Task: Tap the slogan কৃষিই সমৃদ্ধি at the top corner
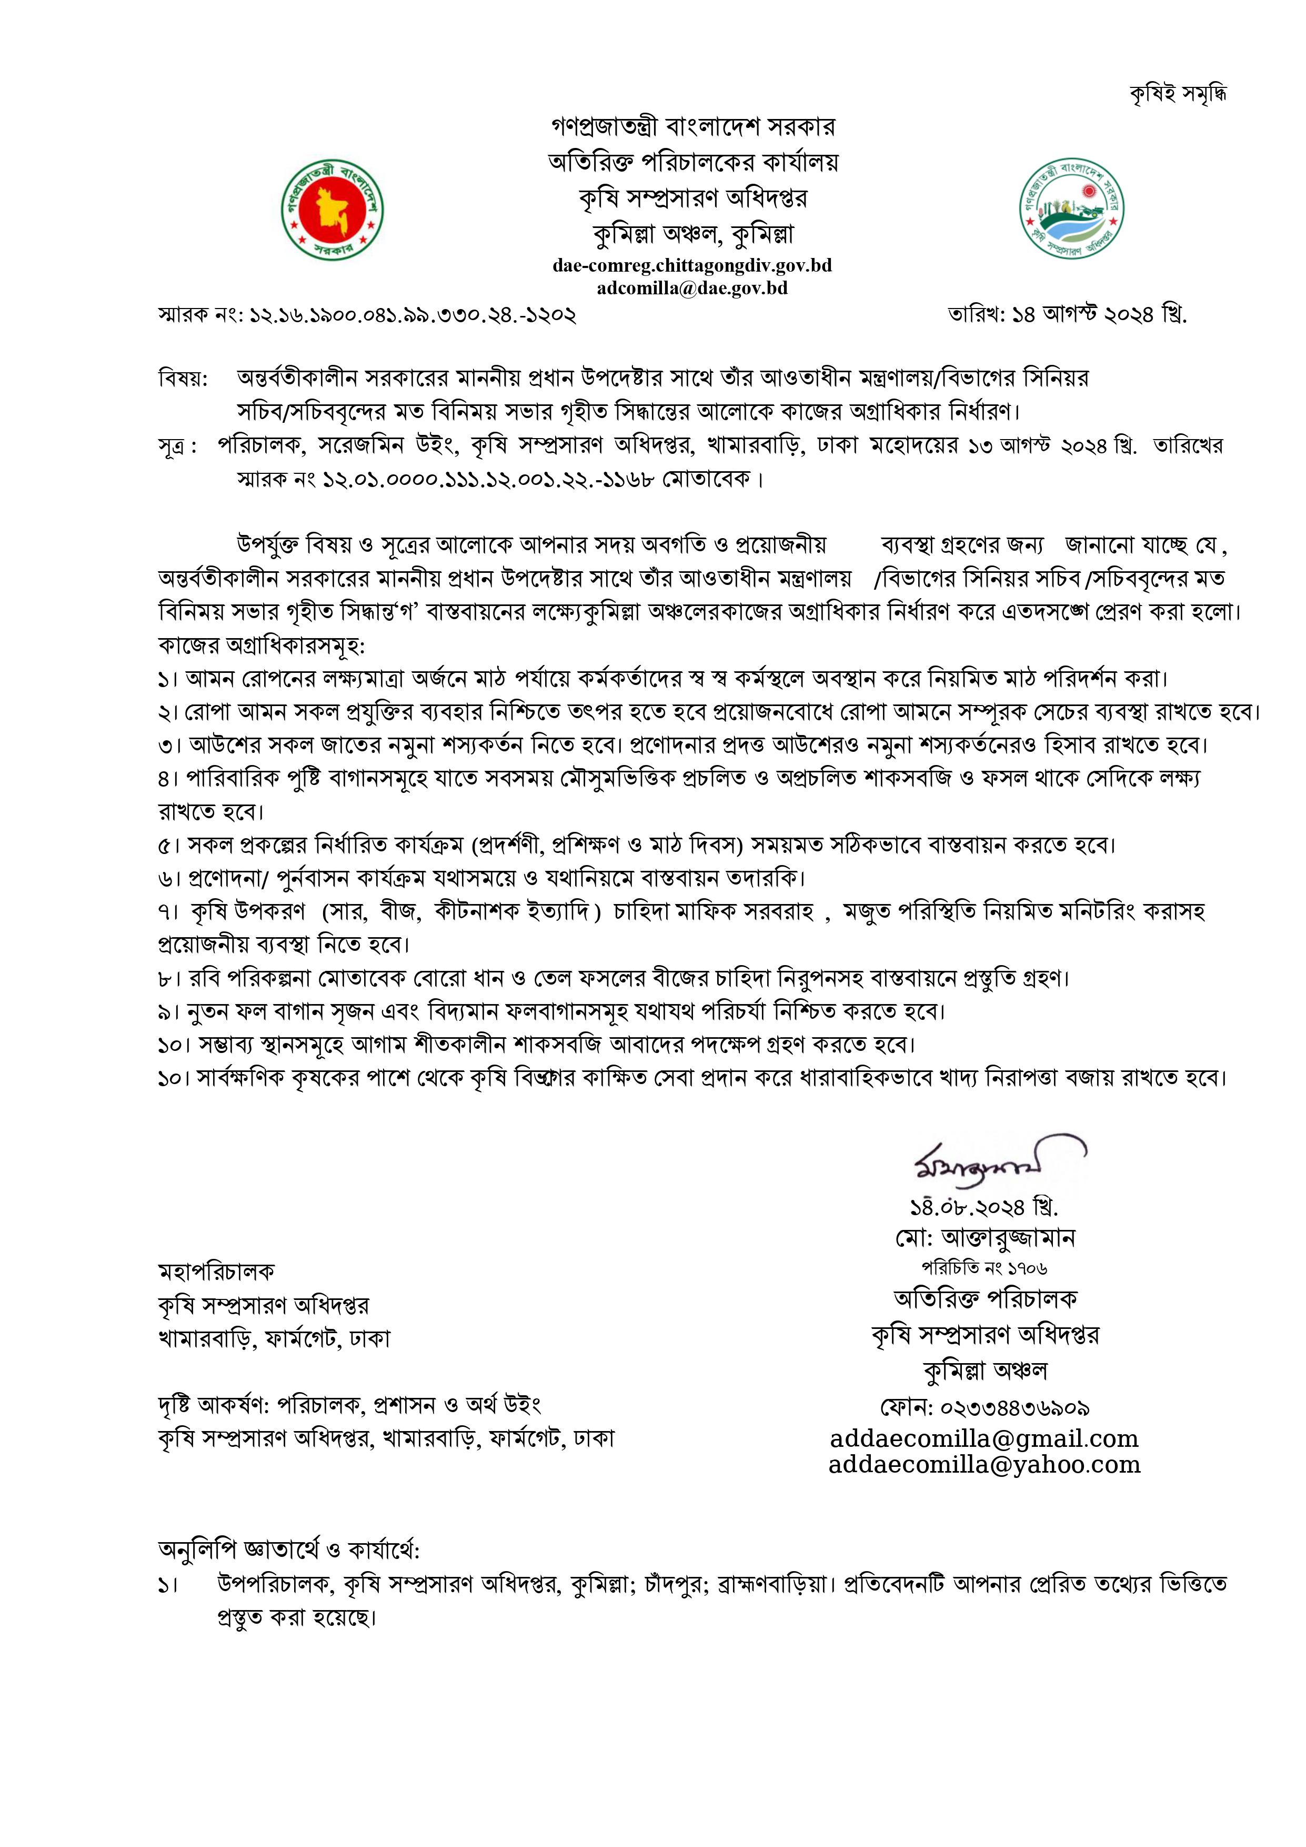point(1179,94)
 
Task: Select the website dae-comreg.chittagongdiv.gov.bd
point(691,265)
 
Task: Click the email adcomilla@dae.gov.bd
point(691,287)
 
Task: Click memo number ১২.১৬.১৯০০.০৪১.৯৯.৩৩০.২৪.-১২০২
point(414,314)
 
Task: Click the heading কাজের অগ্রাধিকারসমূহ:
point(262,645)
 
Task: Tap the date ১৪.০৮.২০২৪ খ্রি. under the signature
point(983,1207)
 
